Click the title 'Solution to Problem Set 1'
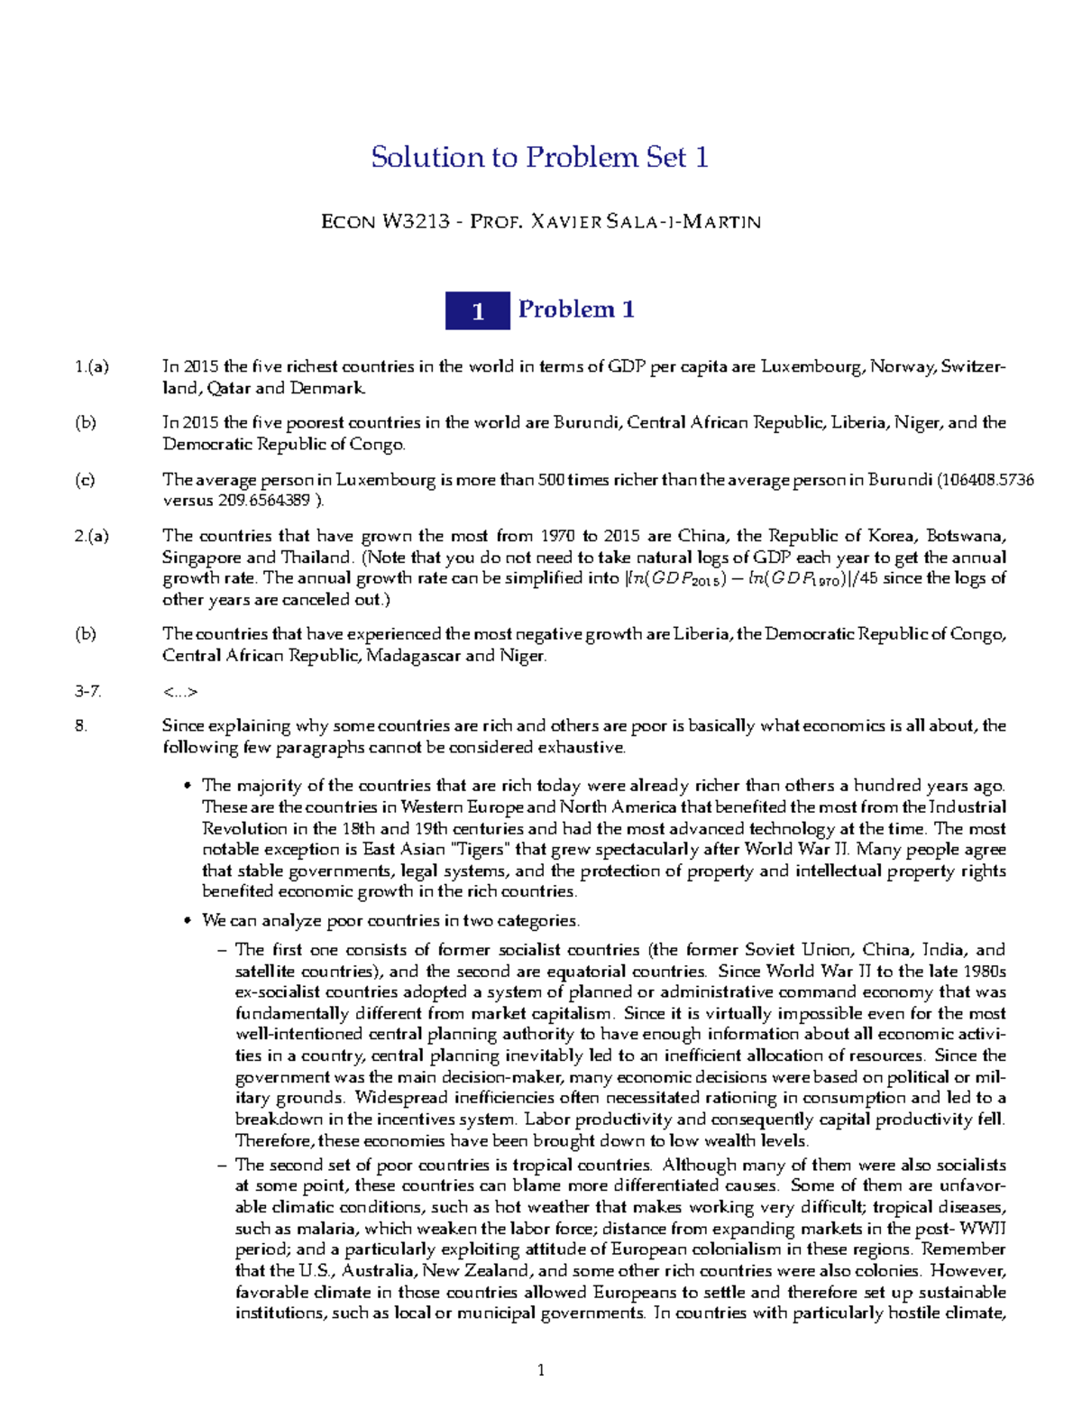[540, 158]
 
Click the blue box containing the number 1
[478, 311]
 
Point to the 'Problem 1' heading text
[576, 310]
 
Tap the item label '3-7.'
[88, 692]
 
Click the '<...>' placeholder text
[179, 692]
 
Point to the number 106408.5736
[986, 480]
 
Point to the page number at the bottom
[541, 1371]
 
